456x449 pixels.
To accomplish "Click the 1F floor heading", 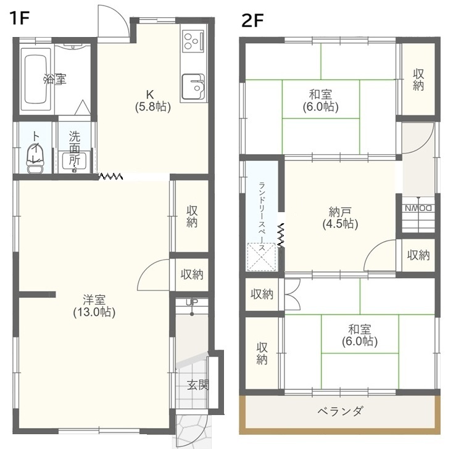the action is pyautogui.click(x=20, y=19).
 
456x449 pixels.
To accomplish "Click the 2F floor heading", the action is pyautogui.click(x=252, y=21).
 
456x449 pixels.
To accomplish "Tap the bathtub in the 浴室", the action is pyautogui.click(x=36, y=79).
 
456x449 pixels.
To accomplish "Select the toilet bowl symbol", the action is pyautogui.click(x=35, y=159).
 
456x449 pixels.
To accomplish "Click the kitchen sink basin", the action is pyautogui.click(x=193, y=86).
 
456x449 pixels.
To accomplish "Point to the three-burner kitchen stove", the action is pyautogui.click(x=193, y=41).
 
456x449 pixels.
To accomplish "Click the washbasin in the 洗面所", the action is pyautogui.click(x=74, y=161).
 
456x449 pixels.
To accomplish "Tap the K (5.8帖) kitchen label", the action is pyautogui.click(x=152, y=101).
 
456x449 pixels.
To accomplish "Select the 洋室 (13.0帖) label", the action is pyautogui.click(x=94, y=305).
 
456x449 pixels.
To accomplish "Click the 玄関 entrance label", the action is pyautogui.click(x=197, y=385).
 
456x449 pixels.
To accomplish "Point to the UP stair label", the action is pyautogui.click(x=192, y=302).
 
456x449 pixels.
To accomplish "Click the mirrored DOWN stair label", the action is pyautogui.click(x=418, y=208).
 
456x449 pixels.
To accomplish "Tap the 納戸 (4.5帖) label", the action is pyautogui.click(x=340, y=218).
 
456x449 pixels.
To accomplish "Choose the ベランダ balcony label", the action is pyautogui.click(x=340, y=411).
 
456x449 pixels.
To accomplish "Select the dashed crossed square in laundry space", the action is pyautogui.click(x=261, y=257).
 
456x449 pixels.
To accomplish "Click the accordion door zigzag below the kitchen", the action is pyautogui.click(x=110, y=176).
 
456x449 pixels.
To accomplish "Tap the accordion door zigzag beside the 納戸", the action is pyautogui.click(x=281, y=236).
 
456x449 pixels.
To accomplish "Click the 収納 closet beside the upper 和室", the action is pyautogui.click(x=418, y=80).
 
